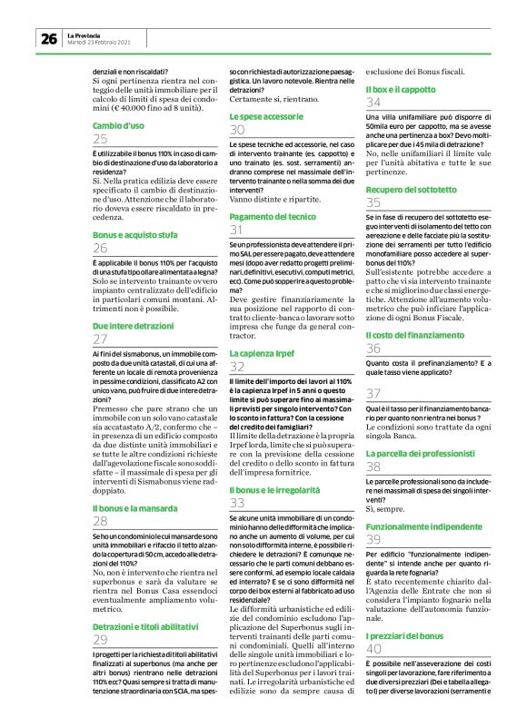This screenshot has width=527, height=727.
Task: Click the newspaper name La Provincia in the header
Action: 85,34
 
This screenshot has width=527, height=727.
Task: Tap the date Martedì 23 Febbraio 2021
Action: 101,42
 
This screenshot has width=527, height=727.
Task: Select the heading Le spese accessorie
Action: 267,117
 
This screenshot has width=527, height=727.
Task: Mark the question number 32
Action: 237,367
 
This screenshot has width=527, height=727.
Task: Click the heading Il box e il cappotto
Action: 400,90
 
